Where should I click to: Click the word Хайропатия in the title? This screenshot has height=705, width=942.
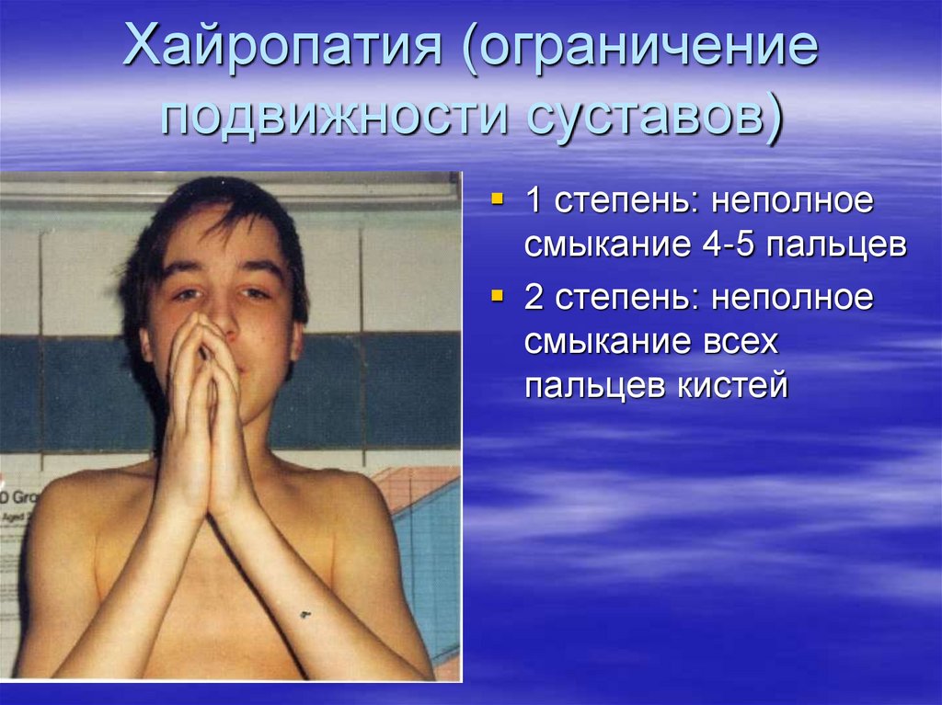[280, 51]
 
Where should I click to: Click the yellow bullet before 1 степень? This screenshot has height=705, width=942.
[498, 199]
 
